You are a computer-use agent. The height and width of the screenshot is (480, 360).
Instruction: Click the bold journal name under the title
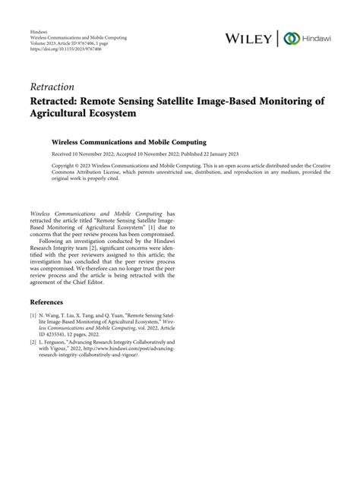coord(123,141)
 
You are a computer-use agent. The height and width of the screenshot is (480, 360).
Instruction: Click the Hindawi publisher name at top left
coord(39,30)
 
